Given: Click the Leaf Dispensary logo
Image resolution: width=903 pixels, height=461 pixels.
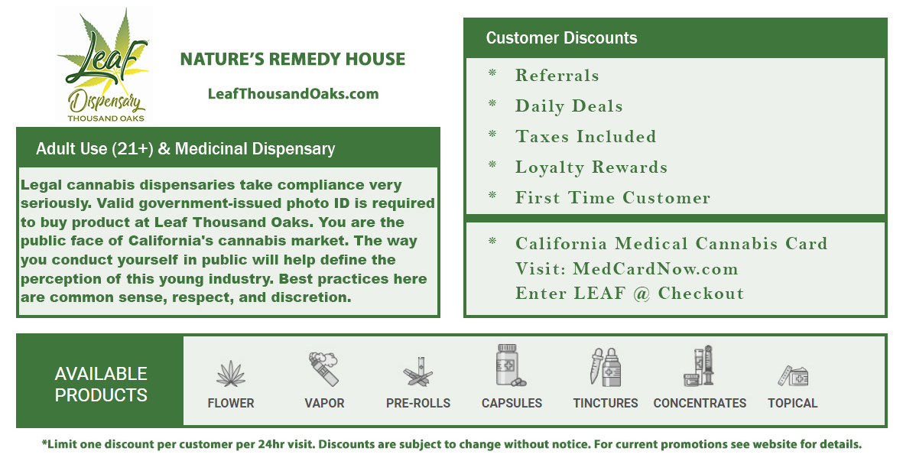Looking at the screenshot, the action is pyautogui.click(x=105, y=65).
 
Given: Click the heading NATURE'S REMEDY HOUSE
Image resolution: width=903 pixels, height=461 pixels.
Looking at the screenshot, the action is pyautogui.click(x=293, y=60).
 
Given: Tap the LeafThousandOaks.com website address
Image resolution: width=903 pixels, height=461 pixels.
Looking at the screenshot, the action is pyautogui.click(x=293, y=94).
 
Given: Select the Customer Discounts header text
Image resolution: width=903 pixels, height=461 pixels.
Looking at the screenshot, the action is pyautogui.click(x=561, y=38).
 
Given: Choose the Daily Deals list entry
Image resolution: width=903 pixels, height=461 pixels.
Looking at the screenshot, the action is pyautogui.click(x=569, y=106).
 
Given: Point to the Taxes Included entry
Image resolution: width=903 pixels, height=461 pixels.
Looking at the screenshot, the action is pyautogui.click(x=586, y=136).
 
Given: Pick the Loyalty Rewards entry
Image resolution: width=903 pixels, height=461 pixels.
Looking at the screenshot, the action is pyautogui.click(x=592, y=167).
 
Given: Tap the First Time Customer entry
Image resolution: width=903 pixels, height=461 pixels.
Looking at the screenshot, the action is pyautogui.click(x=612, y=197).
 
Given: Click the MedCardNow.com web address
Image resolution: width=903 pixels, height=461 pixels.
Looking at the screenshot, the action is pyautogui.click(x=655, y=269).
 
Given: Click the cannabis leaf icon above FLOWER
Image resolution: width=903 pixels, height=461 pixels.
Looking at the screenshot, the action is pyautogui.click(x=231, y=373).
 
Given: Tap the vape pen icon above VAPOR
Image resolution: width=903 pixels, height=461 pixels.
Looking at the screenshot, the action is pyautogui.click(x=323, y=368).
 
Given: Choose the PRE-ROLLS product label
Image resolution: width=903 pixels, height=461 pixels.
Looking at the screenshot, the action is pyautogui.click(x=418, y=404).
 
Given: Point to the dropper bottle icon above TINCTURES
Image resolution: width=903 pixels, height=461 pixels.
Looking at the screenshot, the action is pyautogui.click(x=606, y=367).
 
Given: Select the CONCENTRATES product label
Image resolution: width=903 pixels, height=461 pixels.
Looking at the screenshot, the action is pyautogui.click(x=700, y=404).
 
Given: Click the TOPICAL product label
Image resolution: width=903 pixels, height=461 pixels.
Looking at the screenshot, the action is pyautogui.click(x=792, y=404).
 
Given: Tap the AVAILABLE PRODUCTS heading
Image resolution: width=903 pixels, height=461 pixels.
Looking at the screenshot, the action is pyautogui.click(x=101, y=385).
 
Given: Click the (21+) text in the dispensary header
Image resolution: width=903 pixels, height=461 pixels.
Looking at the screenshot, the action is pyautogui.click(x=132, y=149).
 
